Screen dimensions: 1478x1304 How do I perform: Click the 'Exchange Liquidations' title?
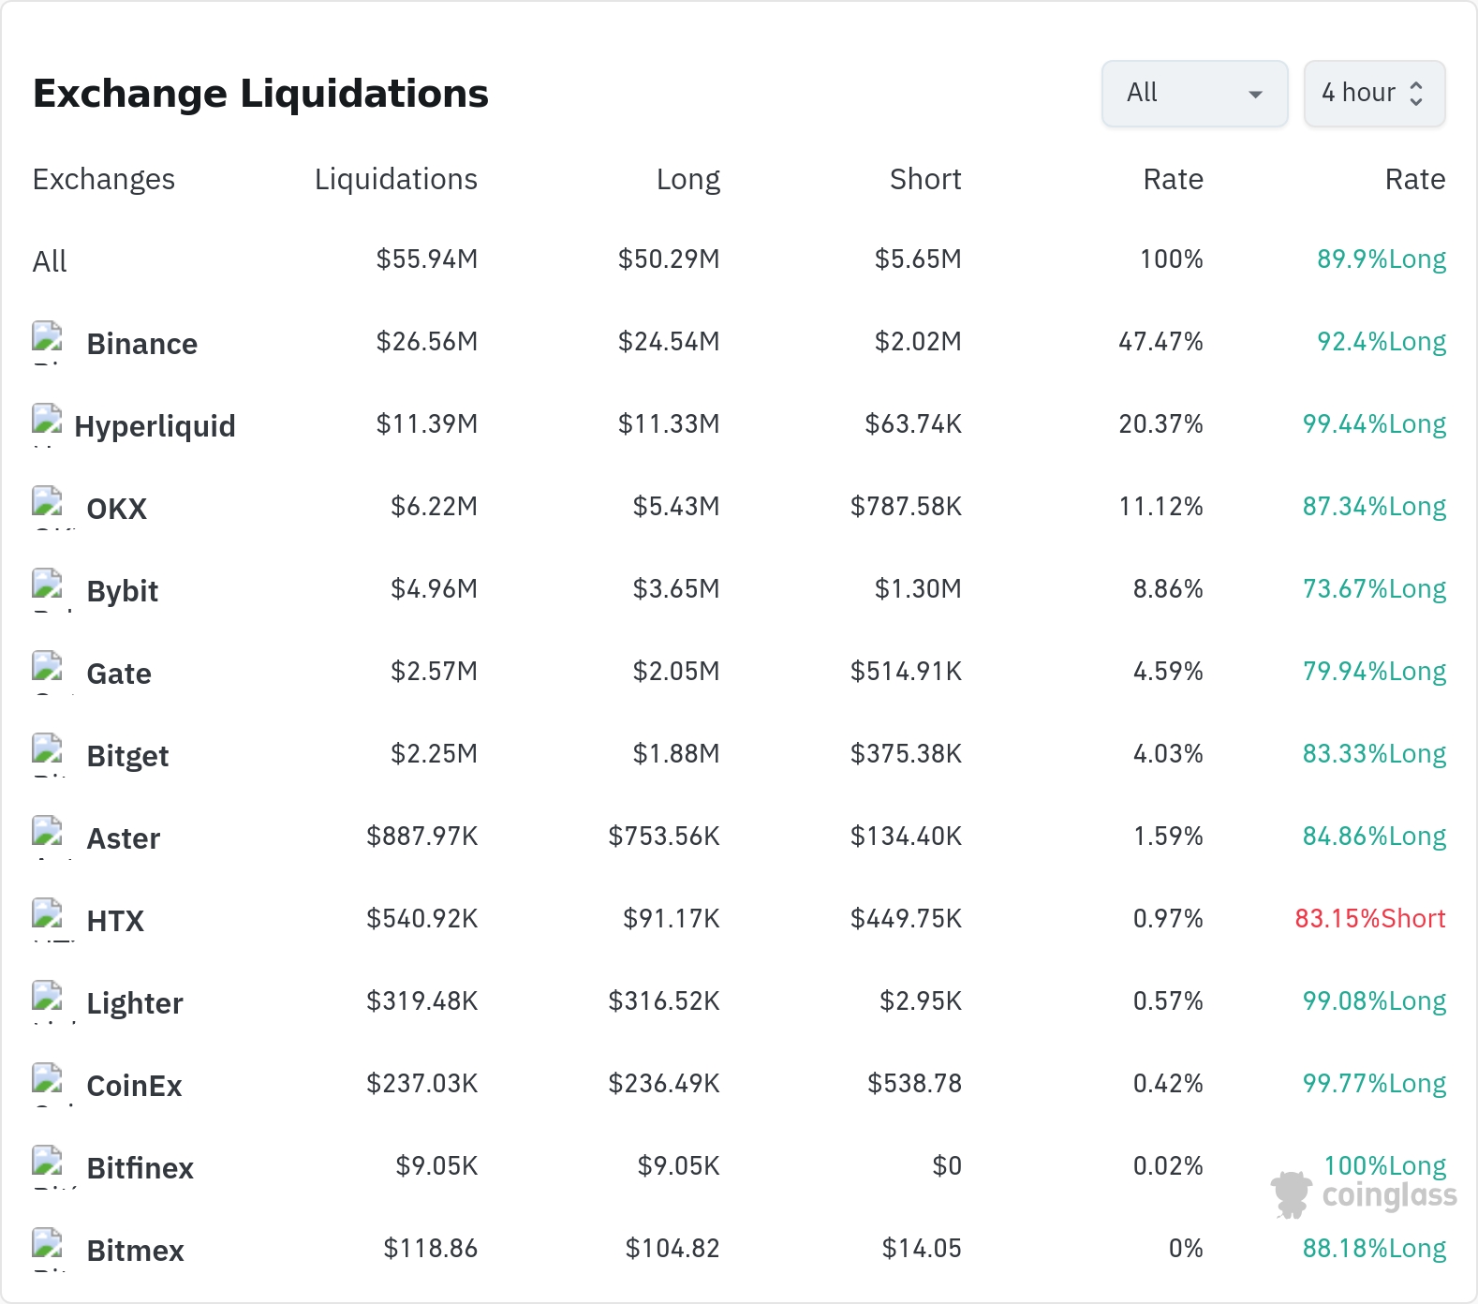[x=260, y=94]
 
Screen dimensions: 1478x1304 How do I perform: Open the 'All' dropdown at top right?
[x=1194, y=94]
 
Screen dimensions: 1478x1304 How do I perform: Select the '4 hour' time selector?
[x=1374, y=94]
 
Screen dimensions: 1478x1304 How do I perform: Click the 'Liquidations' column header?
[x=396, y=179]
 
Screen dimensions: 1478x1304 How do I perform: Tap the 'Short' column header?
[x=925, y=179]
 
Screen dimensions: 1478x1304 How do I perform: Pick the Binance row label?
[x=141, y=344]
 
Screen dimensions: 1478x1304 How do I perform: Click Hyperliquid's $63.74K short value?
[x=913, y=424]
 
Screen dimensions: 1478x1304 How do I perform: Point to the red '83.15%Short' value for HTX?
[x=1370, y=918]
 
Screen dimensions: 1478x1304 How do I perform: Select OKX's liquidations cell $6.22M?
[x=435, y=507]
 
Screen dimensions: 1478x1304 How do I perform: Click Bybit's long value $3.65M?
[x=676, y=589]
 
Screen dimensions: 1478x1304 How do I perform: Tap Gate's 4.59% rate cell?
[x=1168, y=672]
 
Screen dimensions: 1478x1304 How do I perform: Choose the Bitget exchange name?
[x=127, y=756]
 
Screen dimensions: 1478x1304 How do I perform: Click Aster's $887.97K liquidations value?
[x=422, y=837]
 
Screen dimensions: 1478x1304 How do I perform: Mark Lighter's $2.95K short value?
[x=921, y=1001]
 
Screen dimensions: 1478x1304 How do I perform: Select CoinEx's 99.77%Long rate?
[x=1374, y=1084]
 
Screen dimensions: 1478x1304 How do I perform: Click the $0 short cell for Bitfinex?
[x=947, y=1166]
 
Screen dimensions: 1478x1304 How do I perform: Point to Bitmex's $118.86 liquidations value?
[x=431, y=1249]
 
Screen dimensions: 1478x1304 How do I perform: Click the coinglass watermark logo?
[x=1364, y=1195]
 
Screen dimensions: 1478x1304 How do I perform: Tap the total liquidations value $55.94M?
[x=427, y=259]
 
